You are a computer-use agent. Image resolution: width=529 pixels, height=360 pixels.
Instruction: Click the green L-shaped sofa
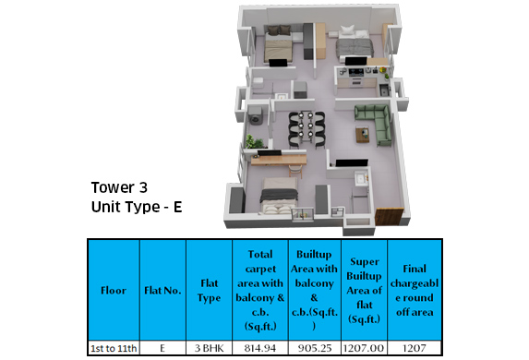(372, 120)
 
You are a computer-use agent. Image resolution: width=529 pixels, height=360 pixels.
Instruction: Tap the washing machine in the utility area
(256, 117)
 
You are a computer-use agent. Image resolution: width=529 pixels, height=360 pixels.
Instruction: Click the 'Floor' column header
(113, 291)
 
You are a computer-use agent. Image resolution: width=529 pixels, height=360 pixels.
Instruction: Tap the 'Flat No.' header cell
(162, 291)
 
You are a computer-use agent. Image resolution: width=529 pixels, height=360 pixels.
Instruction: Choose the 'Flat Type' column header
(208, 291)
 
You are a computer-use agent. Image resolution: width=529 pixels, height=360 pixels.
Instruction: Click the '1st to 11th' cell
(114, 348)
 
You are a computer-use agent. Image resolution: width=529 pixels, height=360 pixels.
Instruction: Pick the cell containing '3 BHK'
(208, 348)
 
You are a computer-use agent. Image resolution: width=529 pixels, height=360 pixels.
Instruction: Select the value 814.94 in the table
(258, 348)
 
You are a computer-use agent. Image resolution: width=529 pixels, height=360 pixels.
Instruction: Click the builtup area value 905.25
(313, 348)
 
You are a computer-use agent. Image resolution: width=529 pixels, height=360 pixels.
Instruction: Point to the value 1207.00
(364, 348)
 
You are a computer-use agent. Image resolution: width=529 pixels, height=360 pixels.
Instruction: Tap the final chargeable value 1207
(415, 348)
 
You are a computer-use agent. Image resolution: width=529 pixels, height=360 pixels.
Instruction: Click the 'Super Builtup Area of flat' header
(364, 291)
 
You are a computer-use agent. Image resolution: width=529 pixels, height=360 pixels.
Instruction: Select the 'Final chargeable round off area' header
(415, 291)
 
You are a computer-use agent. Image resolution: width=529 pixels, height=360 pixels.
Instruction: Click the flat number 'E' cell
(162, 348)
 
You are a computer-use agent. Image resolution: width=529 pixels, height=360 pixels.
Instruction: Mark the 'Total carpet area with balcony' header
(258, 291)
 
